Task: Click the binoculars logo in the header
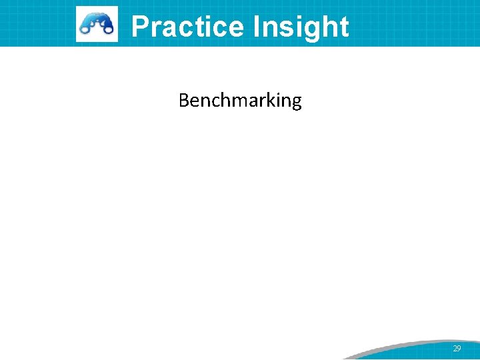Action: (x=97, y=24)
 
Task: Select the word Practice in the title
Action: (x=187, y=27)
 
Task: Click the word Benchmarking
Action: (x=240, y=101)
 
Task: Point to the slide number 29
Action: (x=457, y=349)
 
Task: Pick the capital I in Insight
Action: (x=257, y=27)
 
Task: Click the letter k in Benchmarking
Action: (x=268, y=101)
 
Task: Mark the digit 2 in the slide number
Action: (x=455, y=349)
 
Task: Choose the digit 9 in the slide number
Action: (x=459, y=349)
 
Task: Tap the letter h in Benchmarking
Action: (x=223, y=101)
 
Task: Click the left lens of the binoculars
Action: (x=86, y=28)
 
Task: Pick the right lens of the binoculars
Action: (x=107, y=28)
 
